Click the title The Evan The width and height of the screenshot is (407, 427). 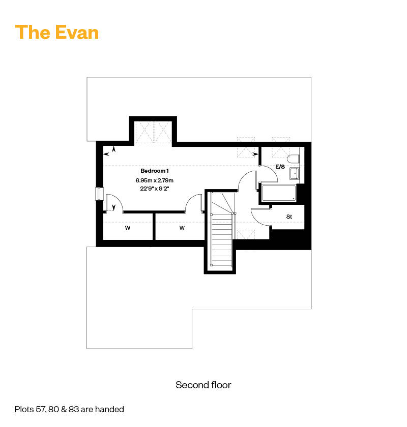point(57,33)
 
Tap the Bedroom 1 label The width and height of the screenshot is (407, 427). point(155,171)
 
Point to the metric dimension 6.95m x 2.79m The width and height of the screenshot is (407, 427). point(155,180)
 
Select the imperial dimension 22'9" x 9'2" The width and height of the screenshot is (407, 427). point(155,189)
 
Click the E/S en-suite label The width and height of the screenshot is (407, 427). point(280,167)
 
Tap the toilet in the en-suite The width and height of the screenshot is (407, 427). point(293,159)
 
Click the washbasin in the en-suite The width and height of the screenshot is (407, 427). point(294,173)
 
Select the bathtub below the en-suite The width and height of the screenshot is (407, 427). point(278,193)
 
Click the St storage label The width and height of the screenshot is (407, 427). point(289,217)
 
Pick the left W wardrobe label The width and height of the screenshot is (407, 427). point(128,228)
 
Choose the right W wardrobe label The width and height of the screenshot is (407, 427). point(182,228)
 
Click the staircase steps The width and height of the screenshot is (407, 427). point(222,239)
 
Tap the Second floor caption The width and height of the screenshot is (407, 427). point(203,385)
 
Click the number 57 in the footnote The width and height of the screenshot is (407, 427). point(41,409)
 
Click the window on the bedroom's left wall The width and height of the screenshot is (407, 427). point(99,194)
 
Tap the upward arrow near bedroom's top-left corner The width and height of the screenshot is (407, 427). point(114,149)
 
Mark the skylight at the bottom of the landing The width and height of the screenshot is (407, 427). point(246,234)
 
